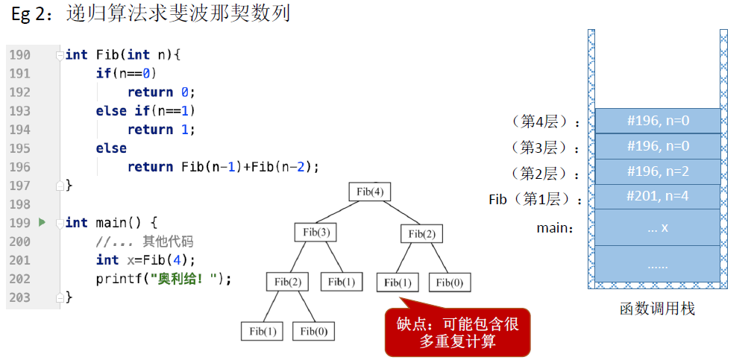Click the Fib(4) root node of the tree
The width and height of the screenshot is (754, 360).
pos(370,192)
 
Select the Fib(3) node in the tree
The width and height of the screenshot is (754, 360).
pos(316,233)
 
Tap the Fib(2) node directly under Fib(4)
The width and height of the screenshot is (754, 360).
pos(422,234)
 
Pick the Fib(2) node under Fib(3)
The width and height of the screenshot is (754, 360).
pos(287,282)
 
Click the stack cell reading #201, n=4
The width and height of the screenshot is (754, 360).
pos(658,197)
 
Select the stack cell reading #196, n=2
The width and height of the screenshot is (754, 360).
pos(658,171)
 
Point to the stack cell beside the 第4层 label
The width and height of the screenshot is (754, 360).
pos(658,121)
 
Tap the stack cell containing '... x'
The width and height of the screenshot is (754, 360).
pos(658,227)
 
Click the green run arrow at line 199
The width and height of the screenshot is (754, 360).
pos(42,222)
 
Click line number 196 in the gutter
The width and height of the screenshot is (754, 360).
pos(19,167)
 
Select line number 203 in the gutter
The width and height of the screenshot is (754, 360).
pos(19,297)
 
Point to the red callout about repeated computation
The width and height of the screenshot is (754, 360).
pos(457,332)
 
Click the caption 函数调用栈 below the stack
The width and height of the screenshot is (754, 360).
pos(657,309)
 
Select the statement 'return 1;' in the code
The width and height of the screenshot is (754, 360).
pos(161,130)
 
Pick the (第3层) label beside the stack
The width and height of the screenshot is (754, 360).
pos(545,147)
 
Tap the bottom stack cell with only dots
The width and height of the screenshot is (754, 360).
pos(658,265)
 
